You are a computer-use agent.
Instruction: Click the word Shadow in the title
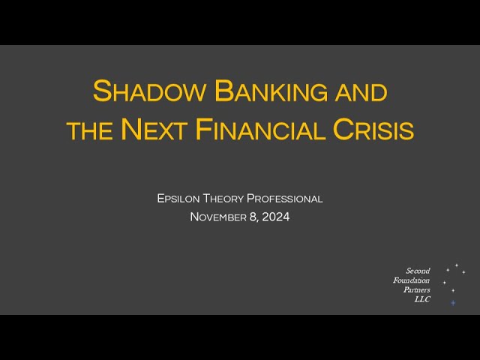point(148,91)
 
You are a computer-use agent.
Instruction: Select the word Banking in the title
point(270,91)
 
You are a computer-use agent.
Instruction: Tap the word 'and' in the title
point(361,93)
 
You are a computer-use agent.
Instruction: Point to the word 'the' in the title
point(90,131)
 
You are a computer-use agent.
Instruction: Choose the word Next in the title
point(154,129)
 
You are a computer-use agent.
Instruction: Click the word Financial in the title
point(260,129)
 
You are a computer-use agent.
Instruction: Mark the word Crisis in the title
point(373,129)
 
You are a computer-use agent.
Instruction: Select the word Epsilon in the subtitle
point(178,199)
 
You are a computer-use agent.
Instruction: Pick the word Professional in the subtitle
point(284,199)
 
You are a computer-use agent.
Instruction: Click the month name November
point(218,217)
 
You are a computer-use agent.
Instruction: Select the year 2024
point(276,217)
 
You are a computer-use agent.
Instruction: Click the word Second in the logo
point(418,271)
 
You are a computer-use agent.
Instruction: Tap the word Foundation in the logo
point(412,280)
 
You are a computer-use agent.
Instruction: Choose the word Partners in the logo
point(417,289)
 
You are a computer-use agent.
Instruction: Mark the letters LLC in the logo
point(422,299)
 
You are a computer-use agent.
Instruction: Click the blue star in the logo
point(453,303)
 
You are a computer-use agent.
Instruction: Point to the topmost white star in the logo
point(457,265)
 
